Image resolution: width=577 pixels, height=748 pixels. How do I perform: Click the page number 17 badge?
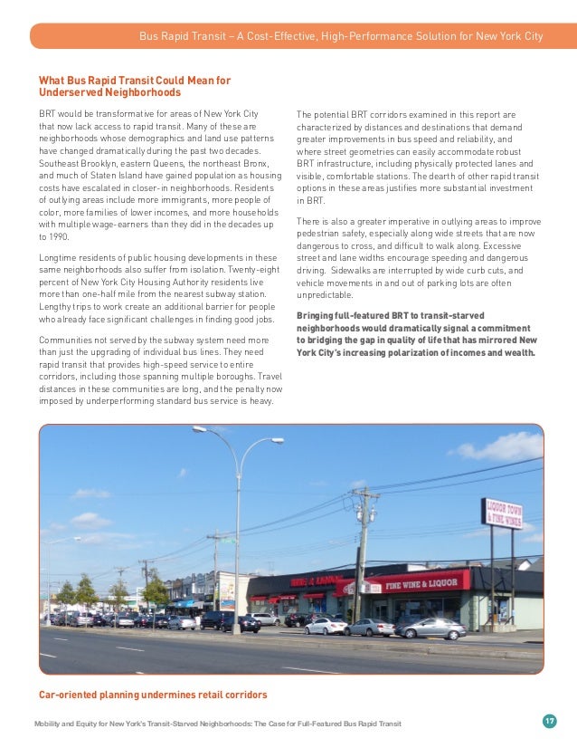[x=549, y=721]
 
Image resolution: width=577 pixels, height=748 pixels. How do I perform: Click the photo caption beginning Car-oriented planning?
[x=152, y=695]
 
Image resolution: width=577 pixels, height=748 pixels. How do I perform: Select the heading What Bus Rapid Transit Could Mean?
[x=135, y=81]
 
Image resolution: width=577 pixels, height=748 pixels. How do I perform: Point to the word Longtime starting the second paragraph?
[x=58, y=257]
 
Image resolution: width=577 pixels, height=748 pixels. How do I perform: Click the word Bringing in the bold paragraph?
[x=317, y=315]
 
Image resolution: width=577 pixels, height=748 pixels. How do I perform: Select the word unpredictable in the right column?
[x=326, y=294]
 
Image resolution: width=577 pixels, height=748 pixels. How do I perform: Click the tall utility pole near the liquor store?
[x=364, y=552]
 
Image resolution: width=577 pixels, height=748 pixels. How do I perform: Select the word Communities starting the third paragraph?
[x=66, y=340]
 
